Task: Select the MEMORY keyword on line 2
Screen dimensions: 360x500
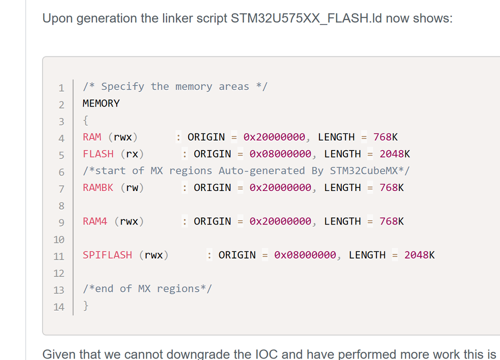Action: (101, 103)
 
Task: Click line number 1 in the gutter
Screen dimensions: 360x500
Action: (61, 88)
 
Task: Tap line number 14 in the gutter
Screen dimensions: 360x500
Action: (59, 307)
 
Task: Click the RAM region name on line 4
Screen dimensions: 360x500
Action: (92, 137)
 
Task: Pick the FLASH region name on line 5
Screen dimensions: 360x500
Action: (98, 154)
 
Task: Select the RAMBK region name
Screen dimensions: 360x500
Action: (98, 187)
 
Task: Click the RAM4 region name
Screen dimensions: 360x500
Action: (95, 221)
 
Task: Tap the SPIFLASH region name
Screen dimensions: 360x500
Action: (107, 255)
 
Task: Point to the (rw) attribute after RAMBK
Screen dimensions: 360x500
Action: (132, 187)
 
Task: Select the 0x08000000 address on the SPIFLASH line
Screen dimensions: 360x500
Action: (305, 255)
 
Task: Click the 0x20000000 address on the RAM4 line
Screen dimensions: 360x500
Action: (280, 221)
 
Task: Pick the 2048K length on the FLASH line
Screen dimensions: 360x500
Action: (394, 154)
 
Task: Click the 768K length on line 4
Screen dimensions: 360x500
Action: (385, 137)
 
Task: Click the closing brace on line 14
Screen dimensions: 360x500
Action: (86, 306)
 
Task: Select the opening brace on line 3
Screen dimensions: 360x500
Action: (86, 120)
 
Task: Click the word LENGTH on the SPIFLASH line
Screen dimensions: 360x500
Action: (367, 255)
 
